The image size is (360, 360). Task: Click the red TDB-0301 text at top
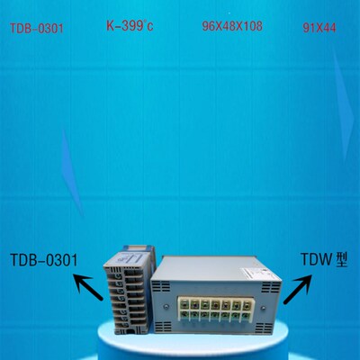coord(37,29)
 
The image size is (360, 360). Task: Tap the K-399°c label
coord(130,25)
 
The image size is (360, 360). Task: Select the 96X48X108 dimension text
coord(232,26)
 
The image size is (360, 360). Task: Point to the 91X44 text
coord(319,28)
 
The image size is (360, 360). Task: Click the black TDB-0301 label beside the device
coord(44,260)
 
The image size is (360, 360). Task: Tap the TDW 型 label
coord(324,259)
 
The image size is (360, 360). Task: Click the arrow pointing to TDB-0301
coord(88,286)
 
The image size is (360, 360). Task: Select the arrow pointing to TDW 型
coord(298,289)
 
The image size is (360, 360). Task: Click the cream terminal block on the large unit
coord(215,310)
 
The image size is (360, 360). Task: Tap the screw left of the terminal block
coord(166,306)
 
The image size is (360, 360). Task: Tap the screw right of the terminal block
coord(263,307)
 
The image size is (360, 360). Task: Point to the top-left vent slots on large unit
coord(161,286)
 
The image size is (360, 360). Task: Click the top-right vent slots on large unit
coord(271,288)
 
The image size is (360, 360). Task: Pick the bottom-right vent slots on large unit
coord(269,328)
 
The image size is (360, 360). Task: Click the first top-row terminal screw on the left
coord(185,304)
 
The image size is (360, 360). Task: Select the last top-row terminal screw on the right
coord(246,305)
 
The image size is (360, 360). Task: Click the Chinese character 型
coord(340,259)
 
